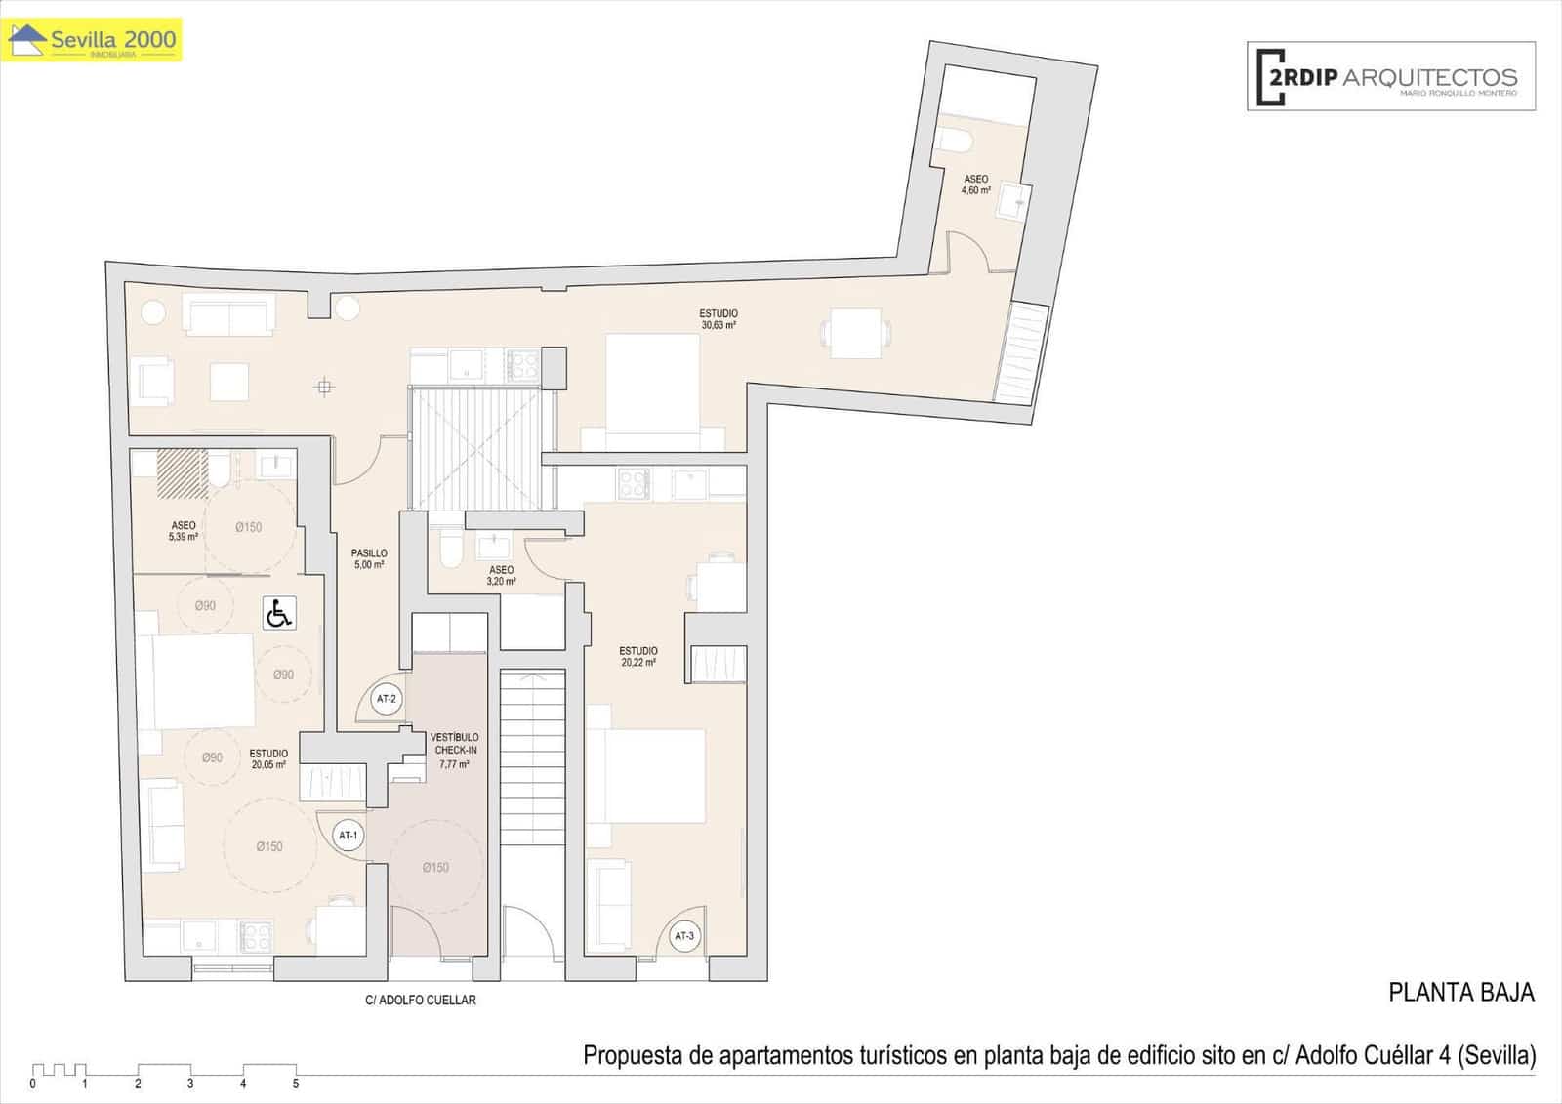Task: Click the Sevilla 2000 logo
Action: [x=93, y=41]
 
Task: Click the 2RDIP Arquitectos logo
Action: [x=1390, y=76]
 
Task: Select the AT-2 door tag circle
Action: [x=387, y=699]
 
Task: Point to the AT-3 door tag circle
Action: [x=684, y=936]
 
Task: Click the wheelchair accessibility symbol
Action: [x=279, y=614]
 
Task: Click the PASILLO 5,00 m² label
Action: [x=369, y=558]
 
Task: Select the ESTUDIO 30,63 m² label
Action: [x=718, y=319]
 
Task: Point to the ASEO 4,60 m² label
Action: [x=975, y=184]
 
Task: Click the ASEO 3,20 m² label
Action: [x=501, y=575]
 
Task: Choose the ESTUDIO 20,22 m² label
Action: [x=638, y=656]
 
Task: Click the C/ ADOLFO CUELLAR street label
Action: [x=420, y=1000]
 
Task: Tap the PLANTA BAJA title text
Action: [x=1460, y=993]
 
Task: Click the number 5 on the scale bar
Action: [x=296, y=1084]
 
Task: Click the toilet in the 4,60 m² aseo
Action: [x=953, y=141]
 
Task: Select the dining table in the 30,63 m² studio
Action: [x=856, y=332]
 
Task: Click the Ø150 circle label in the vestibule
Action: [x=435, y=867]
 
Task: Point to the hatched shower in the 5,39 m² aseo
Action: [x=181, y=470]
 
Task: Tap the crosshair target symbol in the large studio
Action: [x=324, y=388]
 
